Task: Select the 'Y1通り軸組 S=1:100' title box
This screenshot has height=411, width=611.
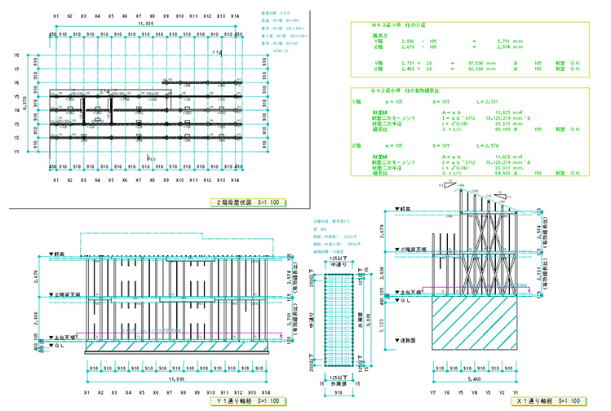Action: click(x=246, y=400)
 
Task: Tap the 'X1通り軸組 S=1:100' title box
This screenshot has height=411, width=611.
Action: click(x=548, y=400)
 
